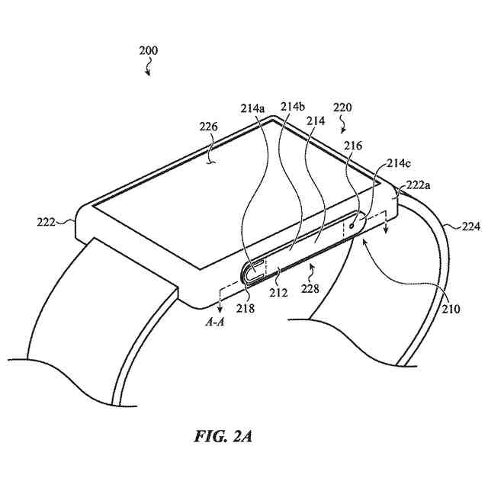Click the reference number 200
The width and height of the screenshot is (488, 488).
148,51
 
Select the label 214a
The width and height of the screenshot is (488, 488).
252,108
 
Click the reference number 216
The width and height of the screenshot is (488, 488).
353,146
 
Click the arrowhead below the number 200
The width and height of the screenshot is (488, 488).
149,74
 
